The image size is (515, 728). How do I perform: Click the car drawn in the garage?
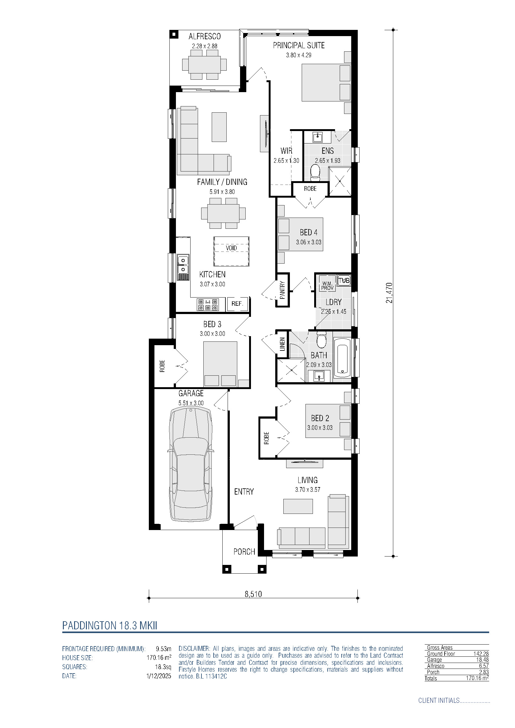pos(191,464)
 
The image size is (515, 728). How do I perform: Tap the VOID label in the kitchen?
pos(231,248)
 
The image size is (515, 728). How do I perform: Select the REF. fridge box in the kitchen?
pos(238,304)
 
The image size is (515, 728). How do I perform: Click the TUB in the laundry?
pos(344,280)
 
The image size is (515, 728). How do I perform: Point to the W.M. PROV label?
pos(327,286)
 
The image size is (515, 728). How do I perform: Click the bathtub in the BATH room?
pos(343,357)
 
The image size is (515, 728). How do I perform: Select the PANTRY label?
pos(282,290)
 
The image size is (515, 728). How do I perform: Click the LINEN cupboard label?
pos(282,344)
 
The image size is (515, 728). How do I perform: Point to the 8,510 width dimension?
pos(253,594)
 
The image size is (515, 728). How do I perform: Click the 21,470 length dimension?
pos(389,293)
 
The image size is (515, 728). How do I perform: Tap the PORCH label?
pos(244,552)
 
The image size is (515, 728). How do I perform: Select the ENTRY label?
pos(244,491)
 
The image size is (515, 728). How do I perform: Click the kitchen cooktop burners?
pos(208,304)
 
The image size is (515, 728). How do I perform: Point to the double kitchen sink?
pos(183,265)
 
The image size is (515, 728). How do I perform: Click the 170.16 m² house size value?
pos(159,657)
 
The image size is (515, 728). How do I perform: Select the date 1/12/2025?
pos(158,676)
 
